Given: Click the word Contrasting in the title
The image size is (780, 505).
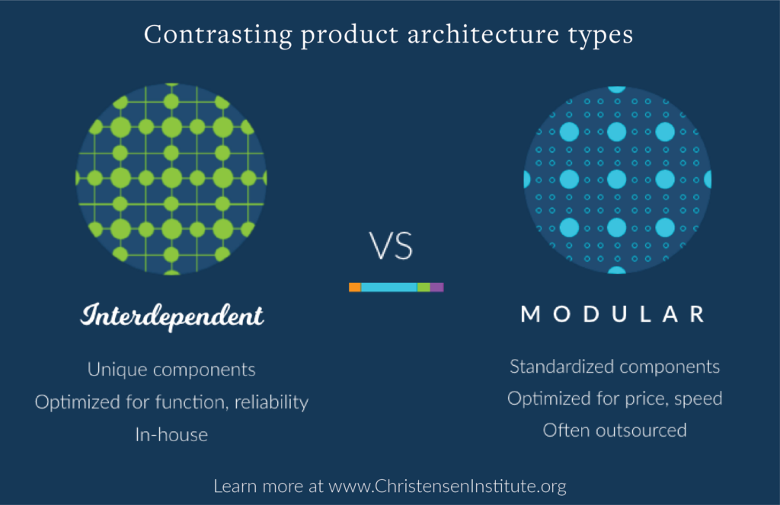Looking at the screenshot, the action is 218,36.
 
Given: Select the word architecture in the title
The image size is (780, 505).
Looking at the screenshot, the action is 483,35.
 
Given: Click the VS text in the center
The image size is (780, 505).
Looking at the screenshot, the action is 391,246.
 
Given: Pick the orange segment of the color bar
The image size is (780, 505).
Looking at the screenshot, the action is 355,287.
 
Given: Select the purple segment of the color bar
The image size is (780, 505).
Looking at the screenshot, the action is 436,287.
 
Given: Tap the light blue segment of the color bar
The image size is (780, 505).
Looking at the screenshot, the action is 389,287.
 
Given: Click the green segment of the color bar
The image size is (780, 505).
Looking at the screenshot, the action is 424,287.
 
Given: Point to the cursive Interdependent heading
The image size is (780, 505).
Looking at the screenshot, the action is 171,316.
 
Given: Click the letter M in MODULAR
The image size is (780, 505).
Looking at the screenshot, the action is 531,314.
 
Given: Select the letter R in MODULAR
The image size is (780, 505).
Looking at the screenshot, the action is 698,314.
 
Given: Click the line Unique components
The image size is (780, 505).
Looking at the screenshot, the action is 171,370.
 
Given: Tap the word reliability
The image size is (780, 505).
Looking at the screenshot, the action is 272,402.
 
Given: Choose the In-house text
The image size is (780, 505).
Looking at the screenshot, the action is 171,435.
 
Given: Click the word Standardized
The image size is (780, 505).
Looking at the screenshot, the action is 561,367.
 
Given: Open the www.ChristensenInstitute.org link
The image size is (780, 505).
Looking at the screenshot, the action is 448,486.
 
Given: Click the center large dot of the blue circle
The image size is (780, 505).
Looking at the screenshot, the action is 617,179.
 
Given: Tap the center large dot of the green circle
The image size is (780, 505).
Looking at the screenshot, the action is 171,178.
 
